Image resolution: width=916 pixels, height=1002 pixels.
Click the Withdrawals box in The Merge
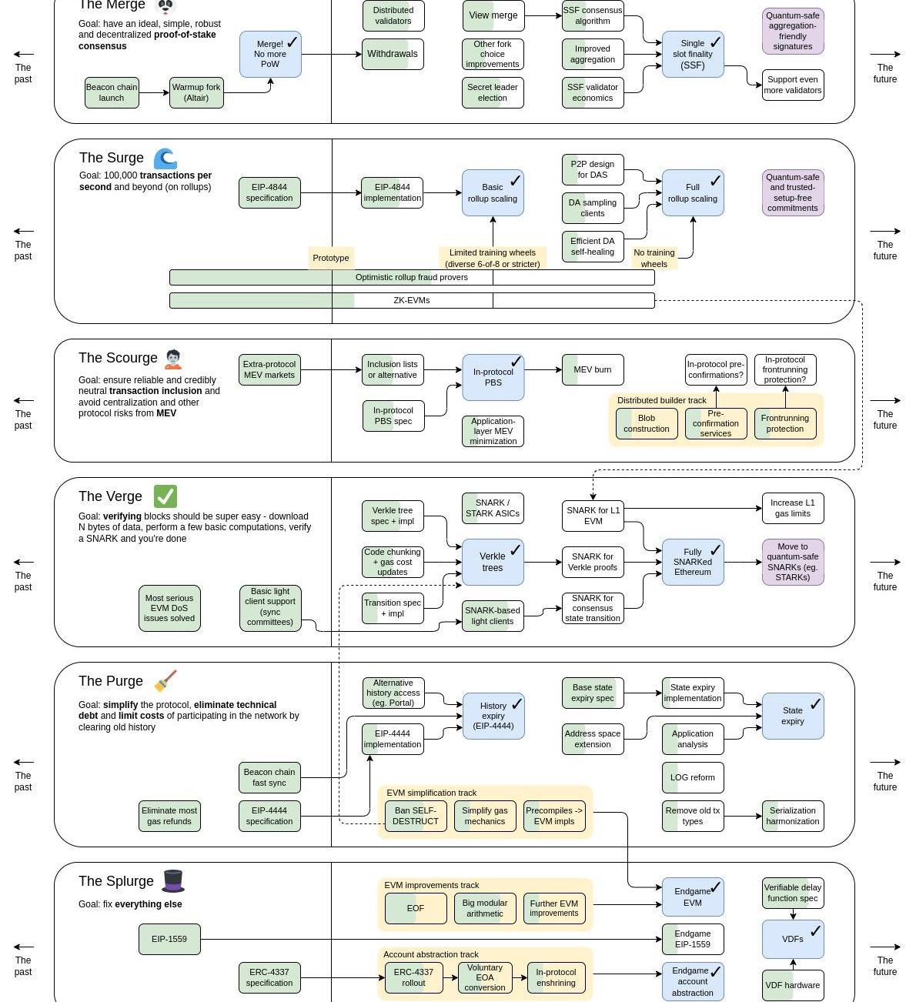pyautogui.click(x=393, y=54)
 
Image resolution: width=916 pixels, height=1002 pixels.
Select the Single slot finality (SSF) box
pyautogui.click(x=693, y=54)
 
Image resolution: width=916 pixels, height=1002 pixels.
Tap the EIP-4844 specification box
pyautogui.click(x=269, y=192)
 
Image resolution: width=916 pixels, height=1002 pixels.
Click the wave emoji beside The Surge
pyautogui.click(x=165, y=159)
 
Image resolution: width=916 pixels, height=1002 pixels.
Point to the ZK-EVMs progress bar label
pyautogui.click(x=412, y=300)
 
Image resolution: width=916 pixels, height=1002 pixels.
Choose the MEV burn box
pyautogui.click(x=593, y=369)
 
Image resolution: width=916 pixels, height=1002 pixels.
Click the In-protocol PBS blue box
pyautogui.click(x=493, y=377)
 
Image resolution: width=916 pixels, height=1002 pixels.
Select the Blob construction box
pyautogui.click(x=647, y=423)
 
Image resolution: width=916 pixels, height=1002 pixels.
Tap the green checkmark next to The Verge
pyautogui.click(x=165, y=496)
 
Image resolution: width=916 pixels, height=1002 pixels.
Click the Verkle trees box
pyautogui.click(x=493, y=562)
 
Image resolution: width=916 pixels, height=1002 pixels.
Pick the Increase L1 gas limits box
pyautogui.click(x=793, y=508)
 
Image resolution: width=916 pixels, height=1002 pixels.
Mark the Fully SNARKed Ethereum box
pyautogui.click(x=693, y=562)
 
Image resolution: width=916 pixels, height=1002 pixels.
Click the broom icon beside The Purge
pyautogui.click(x=165, y=681)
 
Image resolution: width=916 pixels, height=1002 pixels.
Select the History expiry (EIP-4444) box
pyautogui.click(x=493, y=716)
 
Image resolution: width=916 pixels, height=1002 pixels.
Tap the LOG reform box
pyautogui.click(x=693, y=777)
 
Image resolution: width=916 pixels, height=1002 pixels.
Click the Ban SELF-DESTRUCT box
pyautogui.click(x=416, y=816)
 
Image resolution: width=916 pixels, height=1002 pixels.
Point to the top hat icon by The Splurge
pyautogui.click(x=173, y=880)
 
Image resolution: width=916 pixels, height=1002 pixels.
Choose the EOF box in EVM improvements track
pyautogui.click(x=416, y=908)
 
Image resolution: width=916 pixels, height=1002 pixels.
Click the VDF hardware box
pyautogui.click(x=793, y=985)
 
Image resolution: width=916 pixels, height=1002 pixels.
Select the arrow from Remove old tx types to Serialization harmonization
pyautogui.click(x=743, y=816)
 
